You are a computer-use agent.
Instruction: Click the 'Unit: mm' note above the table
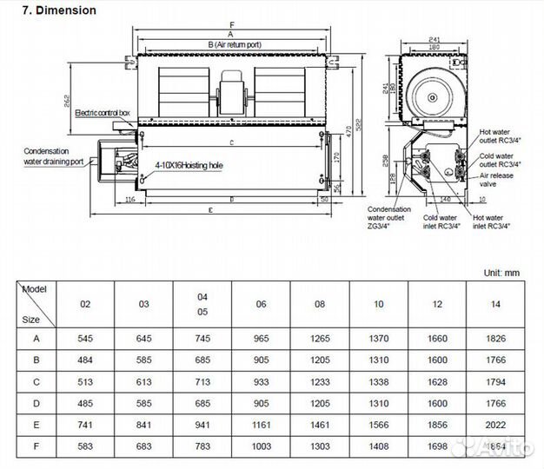pos(501,273)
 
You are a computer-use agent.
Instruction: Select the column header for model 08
pos(320,304)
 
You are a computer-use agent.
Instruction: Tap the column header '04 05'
pos(202,304)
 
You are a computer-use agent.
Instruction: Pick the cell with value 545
pos(85,338)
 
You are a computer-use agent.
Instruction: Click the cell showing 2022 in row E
pos(495,424)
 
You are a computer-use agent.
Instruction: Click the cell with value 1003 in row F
pos(261,446)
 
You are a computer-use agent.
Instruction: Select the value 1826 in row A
pos(495,338)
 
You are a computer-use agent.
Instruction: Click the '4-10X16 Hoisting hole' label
pos(189,164)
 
